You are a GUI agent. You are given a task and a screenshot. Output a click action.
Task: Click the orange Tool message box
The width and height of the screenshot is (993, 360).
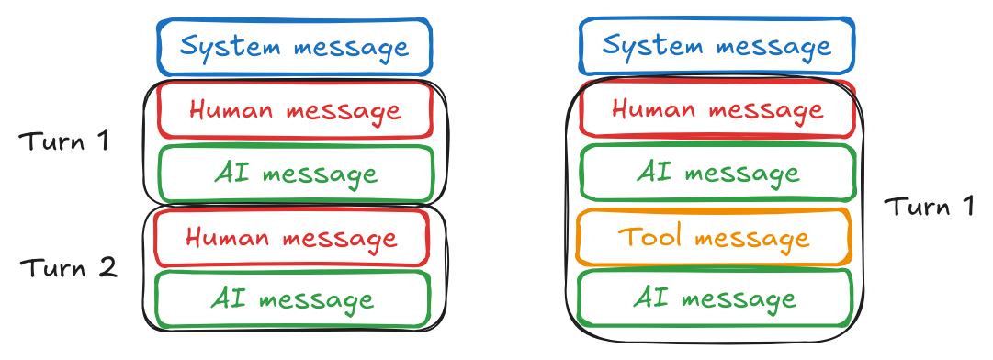pos(714,238)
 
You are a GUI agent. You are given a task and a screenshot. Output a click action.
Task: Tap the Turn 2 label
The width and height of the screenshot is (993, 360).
pos(69,268)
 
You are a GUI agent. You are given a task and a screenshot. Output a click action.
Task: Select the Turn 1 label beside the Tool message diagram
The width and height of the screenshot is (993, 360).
pos(929,206)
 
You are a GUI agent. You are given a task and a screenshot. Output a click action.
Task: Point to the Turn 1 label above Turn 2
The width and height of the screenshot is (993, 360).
pos(64,142)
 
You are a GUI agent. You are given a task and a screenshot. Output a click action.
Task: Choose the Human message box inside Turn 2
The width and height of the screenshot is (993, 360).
pos(291,238)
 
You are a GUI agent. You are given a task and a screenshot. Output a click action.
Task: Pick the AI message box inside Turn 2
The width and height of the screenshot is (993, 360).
pos(291,298)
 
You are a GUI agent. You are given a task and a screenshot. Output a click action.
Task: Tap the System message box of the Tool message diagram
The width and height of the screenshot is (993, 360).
pos(717,46)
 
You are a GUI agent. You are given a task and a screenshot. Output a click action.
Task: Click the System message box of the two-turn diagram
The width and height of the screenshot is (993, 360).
pos(293,46)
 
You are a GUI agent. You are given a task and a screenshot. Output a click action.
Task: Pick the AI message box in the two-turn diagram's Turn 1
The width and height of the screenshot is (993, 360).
pos(295,173)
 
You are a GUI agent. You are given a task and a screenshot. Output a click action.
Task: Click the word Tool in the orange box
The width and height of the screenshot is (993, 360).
pos(650,237)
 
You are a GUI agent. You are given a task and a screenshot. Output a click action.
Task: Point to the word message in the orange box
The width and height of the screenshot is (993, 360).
pos(751,239)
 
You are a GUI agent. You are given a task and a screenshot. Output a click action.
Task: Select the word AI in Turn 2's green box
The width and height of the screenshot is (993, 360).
pos(226,298)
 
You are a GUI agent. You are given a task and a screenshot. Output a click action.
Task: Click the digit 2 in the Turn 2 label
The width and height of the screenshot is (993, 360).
pos(108,268)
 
